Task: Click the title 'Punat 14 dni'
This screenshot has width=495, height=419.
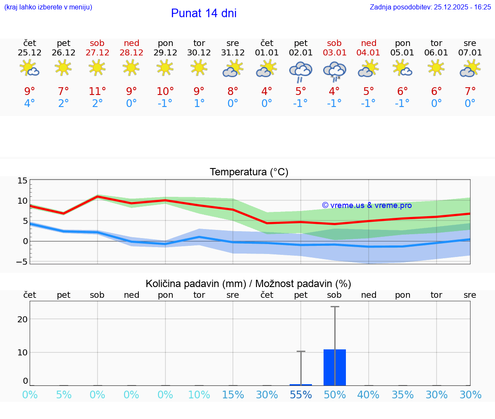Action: [x=204, y=13]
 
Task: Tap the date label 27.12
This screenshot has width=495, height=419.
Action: [x=97, y=53]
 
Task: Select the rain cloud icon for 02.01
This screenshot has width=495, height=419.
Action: [x=300, y=71]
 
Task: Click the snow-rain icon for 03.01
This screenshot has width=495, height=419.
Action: [x=334, y=71]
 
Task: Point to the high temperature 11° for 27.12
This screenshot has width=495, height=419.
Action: [x=97, y=92]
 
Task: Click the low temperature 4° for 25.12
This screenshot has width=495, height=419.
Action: [x=30, y=104]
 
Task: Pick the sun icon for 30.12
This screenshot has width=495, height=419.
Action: [x=199, y=68]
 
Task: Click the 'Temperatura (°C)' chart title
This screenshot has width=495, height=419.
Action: [x=249, y=172]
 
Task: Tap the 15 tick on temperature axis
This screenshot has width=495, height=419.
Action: [x=22, y=181]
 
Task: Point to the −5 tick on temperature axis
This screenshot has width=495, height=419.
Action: [x=22, y=261]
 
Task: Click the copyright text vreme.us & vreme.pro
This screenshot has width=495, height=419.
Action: [x=367, y=205]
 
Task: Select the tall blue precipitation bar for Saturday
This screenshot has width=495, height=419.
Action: [x=335, y=367]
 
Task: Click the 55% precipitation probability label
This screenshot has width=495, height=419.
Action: [x=301, y=395]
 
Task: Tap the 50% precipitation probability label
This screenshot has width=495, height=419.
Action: [x=335, y=395]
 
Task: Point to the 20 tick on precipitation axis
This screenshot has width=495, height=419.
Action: [x=23, y=319]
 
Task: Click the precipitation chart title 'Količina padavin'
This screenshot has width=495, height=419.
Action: [x=248, y=284]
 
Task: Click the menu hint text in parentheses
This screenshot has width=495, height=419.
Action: [x=48, y=7]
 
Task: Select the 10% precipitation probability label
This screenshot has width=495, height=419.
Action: [x=199, y=395]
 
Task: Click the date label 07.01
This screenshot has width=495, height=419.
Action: [x=470, y=53]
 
